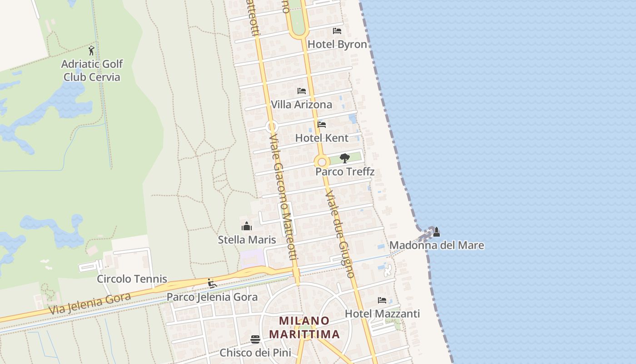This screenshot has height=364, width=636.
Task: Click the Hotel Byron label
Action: tap(337, 44)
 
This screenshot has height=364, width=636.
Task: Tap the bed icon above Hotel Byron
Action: tap(337, 31)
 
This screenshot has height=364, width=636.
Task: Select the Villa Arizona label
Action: tap(302, 105)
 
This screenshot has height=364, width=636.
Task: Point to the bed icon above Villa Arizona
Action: tap(302, 91)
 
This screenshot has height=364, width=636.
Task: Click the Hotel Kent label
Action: tap(322, 138)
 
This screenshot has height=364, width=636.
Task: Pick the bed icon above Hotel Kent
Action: tap(322, 124)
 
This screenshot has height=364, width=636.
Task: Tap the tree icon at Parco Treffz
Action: tap(345, 158)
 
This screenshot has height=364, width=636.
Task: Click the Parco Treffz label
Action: tap(345, 172)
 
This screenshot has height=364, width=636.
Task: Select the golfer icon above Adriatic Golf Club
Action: tap(92, 51)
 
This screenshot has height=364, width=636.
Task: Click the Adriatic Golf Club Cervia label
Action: tap(92, 71)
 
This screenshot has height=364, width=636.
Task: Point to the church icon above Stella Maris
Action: tap(247, 226)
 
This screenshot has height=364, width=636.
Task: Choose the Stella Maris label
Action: tap(247, 240)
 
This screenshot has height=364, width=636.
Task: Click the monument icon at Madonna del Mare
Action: tap(436, 232)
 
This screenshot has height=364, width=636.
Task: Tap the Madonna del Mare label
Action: tap(437, 246)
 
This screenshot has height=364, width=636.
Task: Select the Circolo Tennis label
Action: tap(132, 279)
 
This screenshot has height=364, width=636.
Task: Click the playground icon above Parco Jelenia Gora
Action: tap(212, 283)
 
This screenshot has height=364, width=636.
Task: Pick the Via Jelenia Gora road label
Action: tap(89, 304)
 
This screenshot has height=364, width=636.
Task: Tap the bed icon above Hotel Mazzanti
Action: tap(382, 300)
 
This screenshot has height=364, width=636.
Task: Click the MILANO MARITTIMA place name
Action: tap(304, 328)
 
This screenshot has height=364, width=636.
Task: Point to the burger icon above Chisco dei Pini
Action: tap(255, 339)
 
